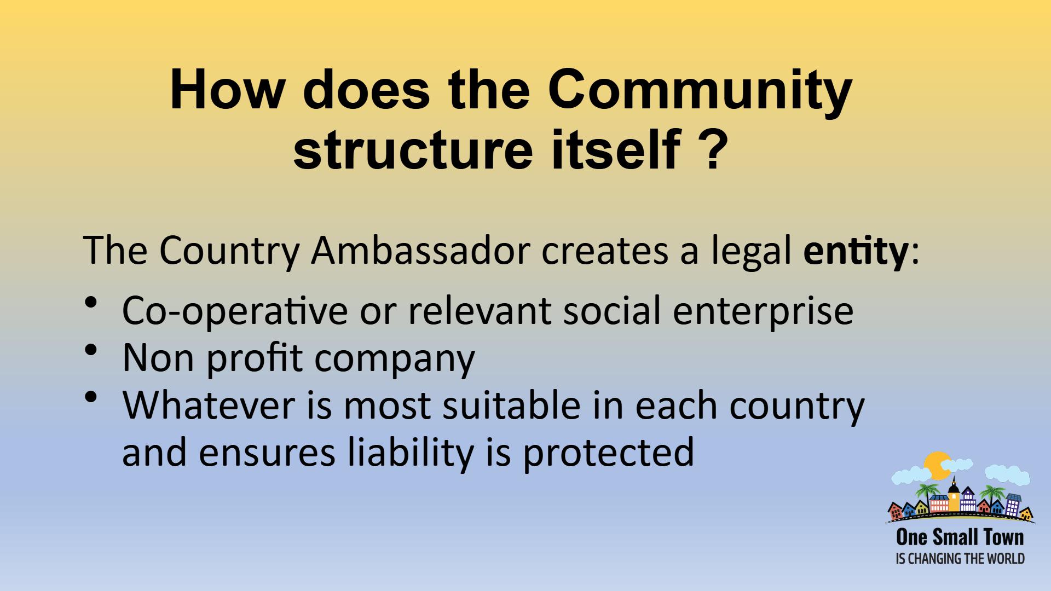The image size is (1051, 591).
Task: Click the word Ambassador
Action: (420, 250)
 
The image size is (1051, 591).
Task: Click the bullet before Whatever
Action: (91, 397)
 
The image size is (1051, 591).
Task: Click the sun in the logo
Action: (937, 466)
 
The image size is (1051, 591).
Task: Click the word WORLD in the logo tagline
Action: (1006, 559)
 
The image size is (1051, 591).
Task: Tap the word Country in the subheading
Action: (229, 251)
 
